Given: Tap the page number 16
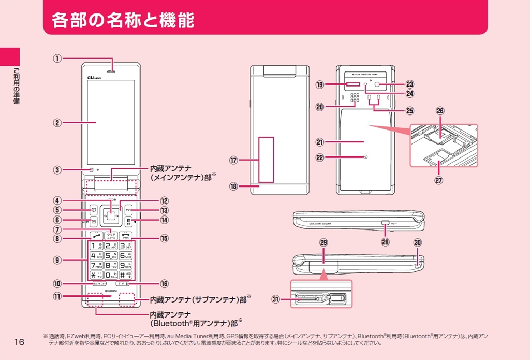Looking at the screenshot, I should click(x=20, y=341).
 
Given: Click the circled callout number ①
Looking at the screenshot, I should click(x=59, y=59).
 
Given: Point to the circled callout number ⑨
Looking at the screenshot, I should click(x=58, y=259).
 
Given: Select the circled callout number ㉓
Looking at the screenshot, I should click(x=409, y=84).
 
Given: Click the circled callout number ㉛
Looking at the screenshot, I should click(x=276, y=299).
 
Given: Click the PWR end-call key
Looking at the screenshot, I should click(x=126, y=235).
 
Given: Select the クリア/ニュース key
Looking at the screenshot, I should click(x=111, y=235).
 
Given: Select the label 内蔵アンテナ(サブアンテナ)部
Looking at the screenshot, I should click(x=197, y=299).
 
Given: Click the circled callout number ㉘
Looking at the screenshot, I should click(x=385, y=242).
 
